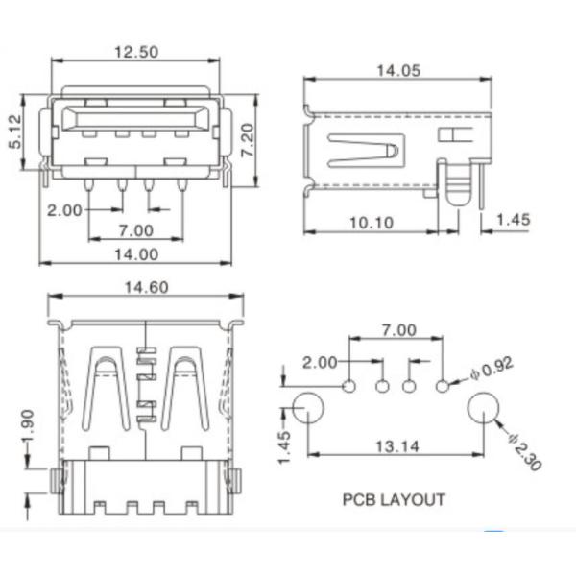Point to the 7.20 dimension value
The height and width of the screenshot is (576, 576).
click(248, 140)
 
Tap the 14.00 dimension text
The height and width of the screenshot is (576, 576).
click(134, 254)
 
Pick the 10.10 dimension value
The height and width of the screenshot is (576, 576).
click(371, 223)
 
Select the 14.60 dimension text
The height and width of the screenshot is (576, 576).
click(146, 286)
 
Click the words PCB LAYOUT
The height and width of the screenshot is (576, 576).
click(394, 499)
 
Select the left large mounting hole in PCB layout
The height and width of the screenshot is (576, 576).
click(307, 410)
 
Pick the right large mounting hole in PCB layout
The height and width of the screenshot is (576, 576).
click(484, 410)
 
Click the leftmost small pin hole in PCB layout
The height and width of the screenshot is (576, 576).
click(349, 386)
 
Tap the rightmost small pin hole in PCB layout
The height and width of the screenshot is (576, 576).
click(443, 386)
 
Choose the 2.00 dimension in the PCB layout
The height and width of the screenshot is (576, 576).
click(320, 362)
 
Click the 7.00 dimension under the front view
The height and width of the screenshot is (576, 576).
click(136, 229)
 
